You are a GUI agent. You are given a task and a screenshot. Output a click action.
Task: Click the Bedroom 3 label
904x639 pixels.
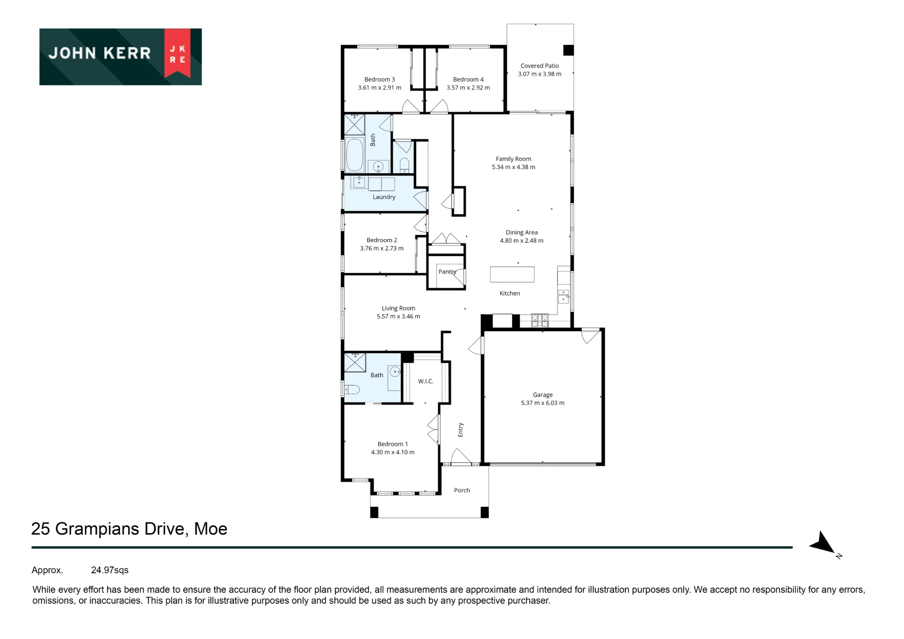click(379, 80)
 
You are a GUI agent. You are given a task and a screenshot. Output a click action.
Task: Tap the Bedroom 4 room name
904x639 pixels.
click(468, 80)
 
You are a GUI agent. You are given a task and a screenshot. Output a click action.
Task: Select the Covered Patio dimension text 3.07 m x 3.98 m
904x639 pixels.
click(540, 74)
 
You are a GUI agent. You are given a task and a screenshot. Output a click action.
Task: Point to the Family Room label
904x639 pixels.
click(513, 159)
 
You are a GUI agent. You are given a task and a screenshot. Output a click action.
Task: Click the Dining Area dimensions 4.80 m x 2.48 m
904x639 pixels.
click(522, 241)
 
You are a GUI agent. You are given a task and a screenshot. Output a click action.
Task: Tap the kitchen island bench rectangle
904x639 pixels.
click(512, 274)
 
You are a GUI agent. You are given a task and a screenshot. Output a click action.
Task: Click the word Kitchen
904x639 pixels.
click(510, 293)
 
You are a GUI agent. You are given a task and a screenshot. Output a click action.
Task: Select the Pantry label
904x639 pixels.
click(447, 272)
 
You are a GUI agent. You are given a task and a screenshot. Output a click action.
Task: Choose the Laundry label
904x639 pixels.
click(384, 197)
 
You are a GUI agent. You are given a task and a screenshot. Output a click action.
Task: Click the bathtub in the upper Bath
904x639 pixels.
click(355, 155)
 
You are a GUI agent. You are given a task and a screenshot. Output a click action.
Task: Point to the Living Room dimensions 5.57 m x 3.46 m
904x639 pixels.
click(399, 316)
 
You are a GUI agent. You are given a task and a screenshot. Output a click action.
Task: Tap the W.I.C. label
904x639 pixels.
click(426, 381)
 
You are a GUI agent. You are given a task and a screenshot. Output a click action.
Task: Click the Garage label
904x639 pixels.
click(543, 395)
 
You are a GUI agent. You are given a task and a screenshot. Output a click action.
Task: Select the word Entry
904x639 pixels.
click(461, 430)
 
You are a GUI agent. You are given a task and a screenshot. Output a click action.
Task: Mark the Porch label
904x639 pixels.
click(462, 490)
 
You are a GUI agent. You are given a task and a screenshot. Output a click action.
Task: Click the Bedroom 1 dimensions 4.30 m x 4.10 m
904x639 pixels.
click(393, 452)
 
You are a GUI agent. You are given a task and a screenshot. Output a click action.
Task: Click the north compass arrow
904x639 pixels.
click(823, 542)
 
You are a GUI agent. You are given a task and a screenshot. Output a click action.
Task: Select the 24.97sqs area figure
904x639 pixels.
click(110, 570)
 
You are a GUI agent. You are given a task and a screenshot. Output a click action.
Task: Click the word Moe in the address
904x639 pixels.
click(211, 529)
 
